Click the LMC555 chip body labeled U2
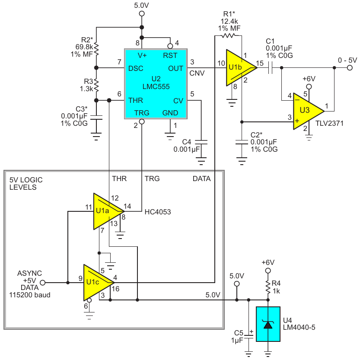click(156, 84)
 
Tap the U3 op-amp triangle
click(308, 112)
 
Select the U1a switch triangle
click(108, 211)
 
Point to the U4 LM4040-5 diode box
click(268, 324)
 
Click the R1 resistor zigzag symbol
click(228, 35)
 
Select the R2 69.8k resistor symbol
click(96, 49)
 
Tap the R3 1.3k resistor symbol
click(96, 85)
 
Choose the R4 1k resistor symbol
click(268, 287)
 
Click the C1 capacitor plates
click(270, 68)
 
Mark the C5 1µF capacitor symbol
click(248, 337)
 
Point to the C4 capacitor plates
click(201, 142)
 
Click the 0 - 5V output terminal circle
click(350, 68)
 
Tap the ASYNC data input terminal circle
click(43, 283)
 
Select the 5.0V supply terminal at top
click(142, 13)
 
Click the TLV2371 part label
click(329, 123)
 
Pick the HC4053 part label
click(158, 212)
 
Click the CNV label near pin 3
click(197, 73)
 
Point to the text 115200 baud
click(30, 295)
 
